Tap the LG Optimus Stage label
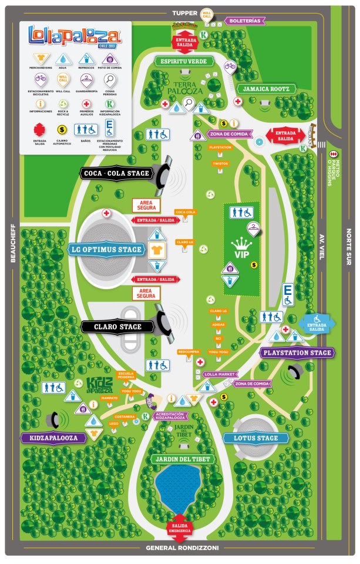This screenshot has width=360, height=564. [x=105, y=250]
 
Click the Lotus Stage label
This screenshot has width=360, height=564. [x=248, y=438]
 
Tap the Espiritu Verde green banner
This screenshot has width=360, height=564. [x=183, y=61]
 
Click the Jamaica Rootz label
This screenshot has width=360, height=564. [x=265, y=89]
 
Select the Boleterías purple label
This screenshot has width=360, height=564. [x=244, y=21]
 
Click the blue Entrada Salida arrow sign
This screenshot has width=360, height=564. [x=317, y=324]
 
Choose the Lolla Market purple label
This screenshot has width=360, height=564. [x=219, y=374]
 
